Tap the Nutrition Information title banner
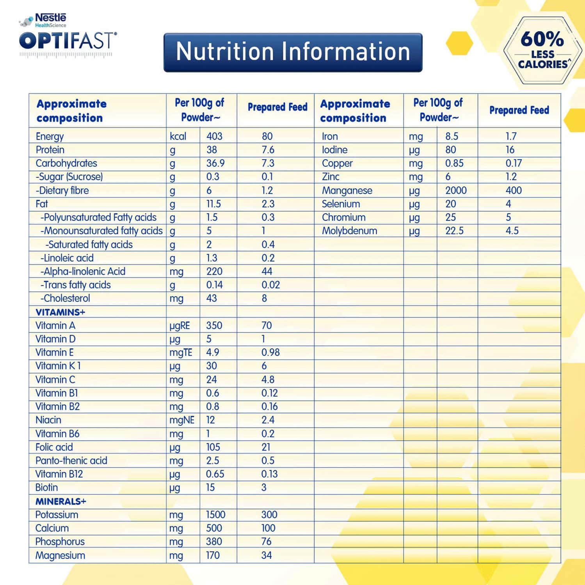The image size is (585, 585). point(293,52)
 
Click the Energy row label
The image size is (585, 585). point(50,137)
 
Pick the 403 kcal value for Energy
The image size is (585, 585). point(214,136)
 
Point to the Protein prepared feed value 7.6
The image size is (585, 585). point(268,150)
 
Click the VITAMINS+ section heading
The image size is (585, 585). point(60,312)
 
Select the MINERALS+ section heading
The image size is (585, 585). point(60,501)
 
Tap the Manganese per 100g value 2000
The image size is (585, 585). point(456,190)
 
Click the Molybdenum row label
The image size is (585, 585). point(349,231)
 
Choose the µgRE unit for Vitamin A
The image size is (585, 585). point(180,326)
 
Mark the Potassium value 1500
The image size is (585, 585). point(215,515)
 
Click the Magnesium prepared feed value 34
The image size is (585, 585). point(267,555)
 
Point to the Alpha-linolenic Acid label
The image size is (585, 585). point(83,272)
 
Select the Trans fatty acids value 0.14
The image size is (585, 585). point(214,285)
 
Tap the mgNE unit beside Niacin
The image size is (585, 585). point(181,420)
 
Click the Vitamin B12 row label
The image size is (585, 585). point(59,474)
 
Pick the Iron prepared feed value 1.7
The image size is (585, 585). point(511,136)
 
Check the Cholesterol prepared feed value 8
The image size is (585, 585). point(264,299)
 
